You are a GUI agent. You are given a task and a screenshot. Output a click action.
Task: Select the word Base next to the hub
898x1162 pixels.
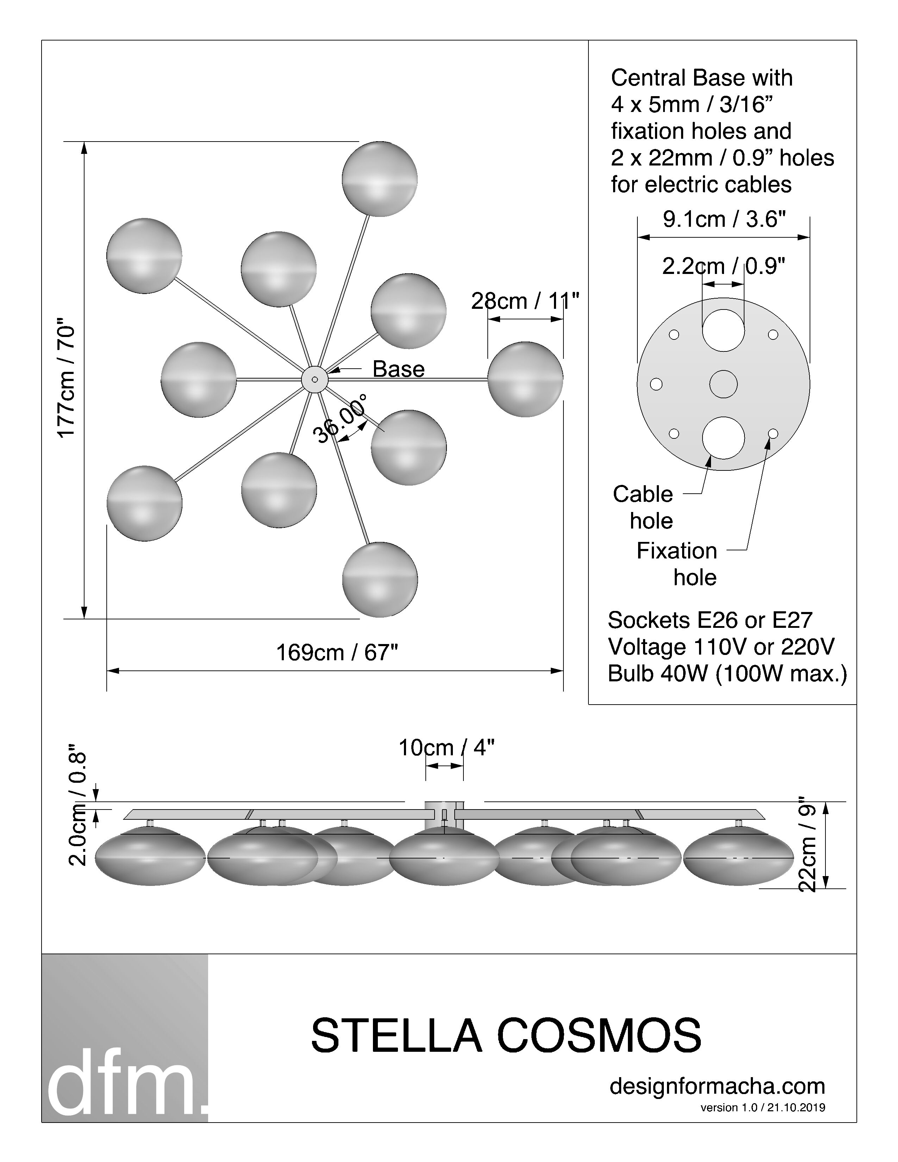coord(398,369)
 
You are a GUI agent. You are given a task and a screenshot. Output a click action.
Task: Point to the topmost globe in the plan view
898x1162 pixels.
coord(379,179)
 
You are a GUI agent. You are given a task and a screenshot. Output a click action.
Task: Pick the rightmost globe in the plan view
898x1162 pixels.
coord(525,379)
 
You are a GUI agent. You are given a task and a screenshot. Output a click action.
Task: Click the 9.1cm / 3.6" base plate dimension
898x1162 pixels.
coord(724,219)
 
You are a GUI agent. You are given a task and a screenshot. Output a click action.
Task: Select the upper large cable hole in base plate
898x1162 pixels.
coord(724,330)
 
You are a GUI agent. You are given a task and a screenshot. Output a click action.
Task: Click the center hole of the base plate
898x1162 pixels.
coord(724,384)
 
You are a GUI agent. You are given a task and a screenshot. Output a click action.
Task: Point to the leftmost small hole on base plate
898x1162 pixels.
coord(656,384)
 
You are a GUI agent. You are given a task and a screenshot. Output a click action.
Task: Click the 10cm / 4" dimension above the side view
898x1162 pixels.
coord(446,748)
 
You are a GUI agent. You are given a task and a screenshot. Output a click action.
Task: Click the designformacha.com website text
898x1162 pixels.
coord(717,1086)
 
